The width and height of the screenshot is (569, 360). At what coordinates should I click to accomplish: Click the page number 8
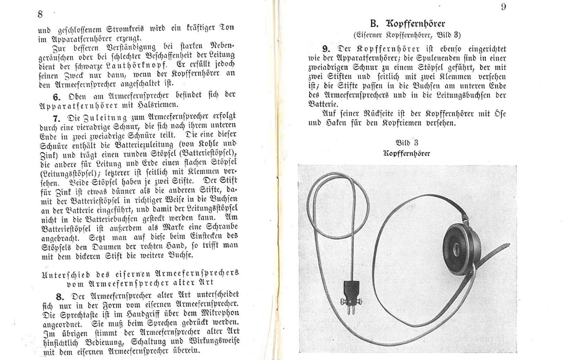(x=40, y=14)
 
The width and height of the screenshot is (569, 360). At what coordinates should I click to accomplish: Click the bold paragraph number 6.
(x=56, y=97)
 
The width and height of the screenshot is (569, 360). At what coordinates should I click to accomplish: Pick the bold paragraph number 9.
(x=326, y=47)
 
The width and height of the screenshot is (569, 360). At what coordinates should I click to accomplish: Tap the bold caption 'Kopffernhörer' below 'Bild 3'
(x=407, y=153)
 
